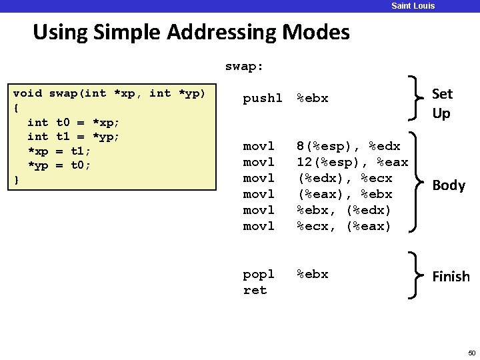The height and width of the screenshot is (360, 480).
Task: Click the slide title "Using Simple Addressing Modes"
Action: pyautogui.click(x=191, y=32)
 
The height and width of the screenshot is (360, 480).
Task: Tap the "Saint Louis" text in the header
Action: pyautogui.click(x=413, y=6)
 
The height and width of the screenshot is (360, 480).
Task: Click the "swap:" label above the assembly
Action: pyautogui.click(x=245, y=67)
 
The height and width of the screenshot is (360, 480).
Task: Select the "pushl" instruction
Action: pyautogui.click(x=263, y=99)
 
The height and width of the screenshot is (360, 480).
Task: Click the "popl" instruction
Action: pyautogui.click(x=259, y=274)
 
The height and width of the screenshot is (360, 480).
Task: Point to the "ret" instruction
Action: pyautogui.click(x=255, y=290)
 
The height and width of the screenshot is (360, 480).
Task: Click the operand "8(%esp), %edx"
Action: pyautogui.click(x=348, y=146)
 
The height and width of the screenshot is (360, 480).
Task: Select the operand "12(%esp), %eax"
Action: pyautogui.click(x=352, y=162)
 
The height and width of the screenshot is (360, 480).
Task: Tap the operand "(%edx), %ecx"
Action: pyautogui.click(x=345, y=178)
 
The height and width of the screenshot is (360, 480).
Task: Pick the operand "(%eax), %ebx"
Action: pyautogui.click(x=345, y=194)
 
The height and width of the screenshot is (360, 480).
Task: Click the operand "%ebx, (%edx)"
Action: pyautogui.click(x=345, y=210)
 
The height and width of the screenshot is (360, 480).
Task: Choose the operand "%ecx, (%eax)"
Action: pyautogui.click(x=345, y=226)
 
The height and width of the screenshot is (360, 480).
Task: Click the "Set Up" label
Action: pyautogui.click(x=441, y=103)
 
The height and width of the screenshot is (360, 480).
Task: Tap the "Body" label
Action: pyautogui.click(x=449, y=185)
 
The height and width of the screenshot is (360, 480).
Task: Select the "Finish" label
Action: pyautogui.click(x=451, y=276)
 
